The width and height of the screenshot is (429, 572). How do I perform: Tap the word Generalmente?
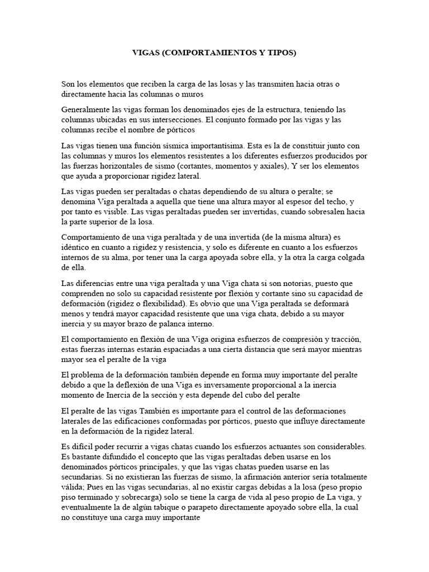[87, 109]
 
